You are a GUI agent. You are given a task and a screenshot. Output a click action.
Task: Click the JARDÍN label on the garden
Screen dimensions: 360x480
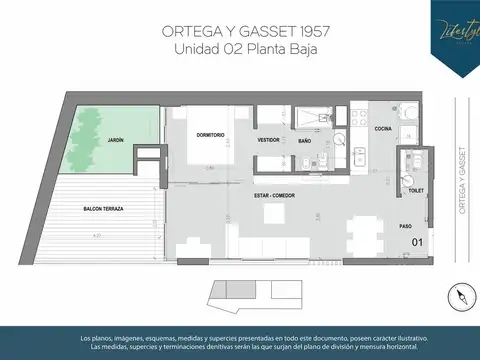(x=116, y=140)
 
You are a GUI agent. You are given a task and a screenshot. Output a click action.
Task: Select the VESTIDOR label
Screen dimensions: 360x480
(x=268, y=141)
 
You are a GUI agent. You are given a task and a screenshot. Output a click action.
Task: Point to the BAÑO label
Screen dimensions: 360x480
(x=305, y=142)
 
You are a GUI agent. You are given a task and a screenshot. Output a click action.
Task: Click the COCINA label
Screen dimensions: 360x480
(x=382, y=129)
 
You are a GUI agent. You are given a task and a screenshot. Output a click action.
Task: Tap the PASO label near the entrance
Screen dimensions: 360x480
(x=405, y=226)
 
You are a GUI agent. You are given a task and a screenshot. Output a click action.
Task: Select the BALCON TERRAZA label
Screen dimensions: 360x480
(x=103, y=208)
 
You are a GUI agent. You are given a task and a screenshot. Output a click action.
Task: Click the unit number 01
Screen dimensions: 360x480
(x=418, y=241)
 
